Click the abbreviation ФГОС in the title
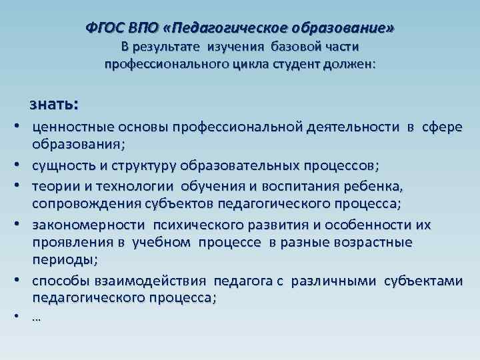coord(103,29)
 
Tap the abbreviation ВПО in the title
coord(141,29)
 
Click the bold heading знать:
coord(53,105)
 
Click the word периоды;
coord(65,259)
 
